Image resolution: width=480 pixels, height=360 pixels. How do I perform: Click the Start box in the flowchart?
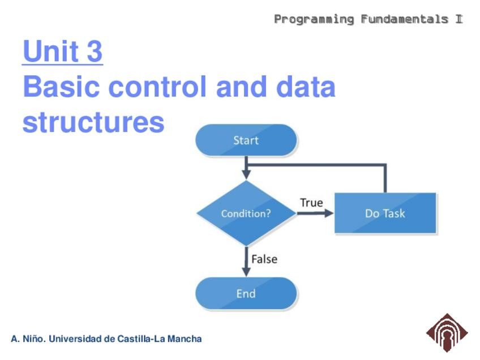tap(246, 140)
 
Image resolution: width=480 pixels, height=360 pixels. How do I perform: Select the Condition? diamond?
tap(246, 213)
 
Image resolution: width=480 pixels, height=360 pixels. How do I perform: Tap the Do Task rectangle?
tap(385, 213)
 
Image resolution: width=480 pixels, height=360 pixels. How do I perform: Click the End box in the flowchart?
tap(246, 293)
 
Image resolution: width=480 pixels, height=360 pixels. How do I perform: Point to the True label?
tap(311, 203)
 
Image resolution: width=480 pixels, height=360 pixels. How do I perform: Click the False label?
tap(264, 259)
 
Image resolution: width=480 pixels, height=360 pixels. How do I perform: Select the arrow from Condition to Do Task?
tap(315, 213)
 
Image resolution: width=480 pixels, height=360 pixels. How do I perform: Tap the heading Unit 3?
tap(62, 52)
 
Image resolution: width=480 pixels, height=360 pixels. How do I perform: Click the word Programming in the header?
tap(314, 19)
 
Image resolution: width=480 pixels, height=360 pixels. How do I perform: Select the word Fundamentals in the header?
tap(404, 19)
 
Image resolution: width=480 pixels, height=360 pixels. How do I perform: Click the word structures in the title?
tap(93, 122)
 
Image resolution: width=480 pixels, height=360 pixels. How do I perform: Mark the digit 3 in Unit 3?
tap(95, 52)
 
